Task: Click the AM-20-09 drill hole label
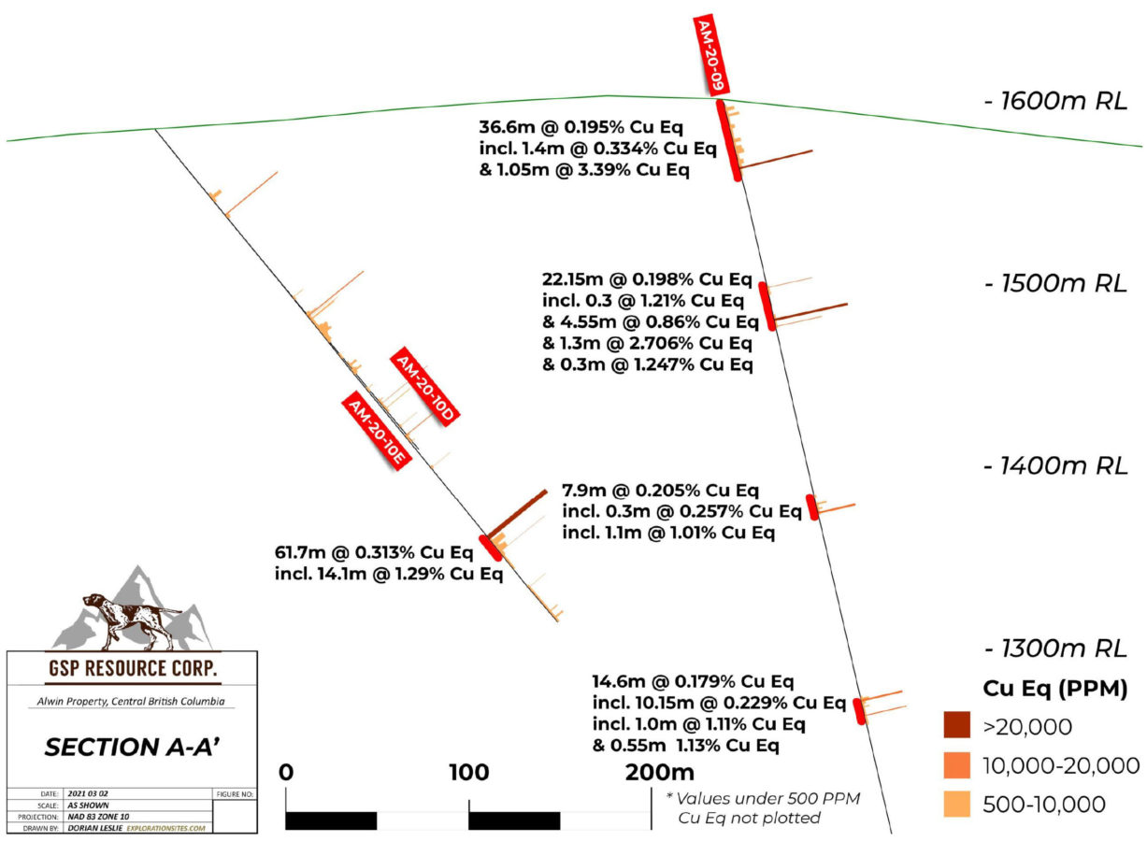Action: coord(711,56)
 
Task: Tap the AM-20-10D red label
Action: coord(425,387)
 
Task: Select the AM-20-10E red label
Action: coord(377,430)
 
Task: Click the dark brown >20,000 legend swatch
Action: coord(957,725)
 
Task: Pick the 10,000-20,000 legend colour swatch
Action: coord(957,765)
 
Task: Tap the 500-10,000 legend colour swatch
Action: coord(957,805)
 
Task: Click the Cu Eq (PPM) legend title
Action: coord(1055,689)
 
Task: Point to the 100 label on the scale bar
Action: coord(469,773)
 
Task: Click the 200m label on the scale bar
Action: coord(660,773)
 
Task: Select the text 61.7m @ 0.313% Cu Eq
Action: coord(374,553)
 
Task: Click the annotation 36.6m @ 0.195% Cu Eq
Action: coord(581,127)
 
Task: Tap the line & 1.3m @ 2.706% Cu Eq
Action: coord(648,343)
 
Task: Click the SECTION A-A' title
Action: coord(133,748)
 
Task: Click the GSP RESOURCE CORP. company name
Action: coord(133,668)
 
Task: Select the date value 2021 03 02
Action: coord(88,794)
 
